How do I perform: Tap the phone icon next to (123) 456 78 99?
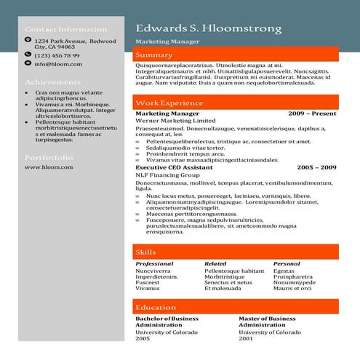(28, 55)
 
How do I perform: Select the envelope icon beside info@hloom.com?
(28, 64)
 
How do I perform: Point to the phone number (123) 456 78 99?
(57, 55)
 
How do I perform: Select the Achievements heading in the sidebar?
(52, 82)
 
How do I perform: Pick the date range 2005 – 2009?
(316, 167)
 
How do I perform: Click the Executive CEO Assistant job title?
(174, 167)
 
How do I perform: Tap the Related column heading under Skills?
(215, 263)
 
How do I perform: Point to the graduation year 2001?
(247, 338)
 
